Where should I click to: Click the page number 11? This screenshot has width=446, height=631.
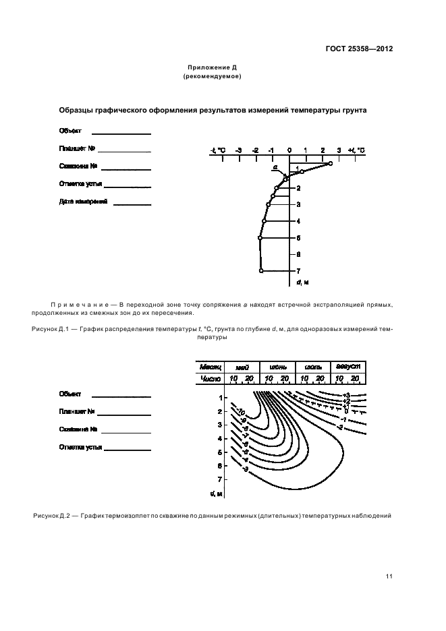[x=389, y=576]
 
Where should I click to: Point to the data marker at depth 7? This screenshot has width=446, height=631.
[x=261, y=270]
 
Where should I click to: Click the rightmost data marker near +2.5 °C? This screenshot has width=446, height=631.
[x=330, y=164]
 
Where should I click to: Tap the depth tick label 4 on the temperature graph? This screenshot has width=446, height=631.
[x=298, y=221]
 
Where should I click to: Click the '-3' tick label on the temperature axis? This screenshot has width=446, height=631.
[x=238, y=150]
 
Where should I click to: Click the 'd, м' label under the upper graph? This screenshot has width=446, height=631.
[x=302, y=282]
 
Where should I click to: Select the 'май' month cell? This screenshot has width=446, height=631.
[x=242, y=366]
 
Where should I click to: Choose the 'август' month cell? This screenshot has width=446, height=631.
[x=349, y=365]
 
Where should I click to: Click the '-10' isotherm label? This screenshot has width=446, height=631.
[x=240, y=412]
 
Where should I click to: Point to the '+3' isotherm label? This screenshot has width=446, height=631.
[x=346, y=395]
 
